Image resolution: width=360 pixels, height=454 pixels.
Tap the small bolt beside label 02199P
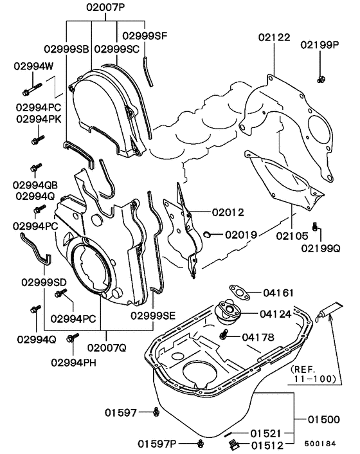click(319, 78)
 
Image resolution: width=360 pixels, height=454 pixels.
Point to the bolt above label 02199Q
click(314, 226)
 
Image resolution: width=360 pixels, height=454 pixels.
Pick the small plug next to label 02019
click(208, 234)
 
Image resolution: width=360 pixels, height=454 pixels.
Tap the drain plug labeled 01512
click(233, 444)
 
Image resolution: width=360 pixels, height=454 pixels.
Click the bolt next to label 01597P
click(201, 443)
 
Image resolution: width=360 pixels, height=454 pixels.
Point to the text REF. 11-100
click(313, 374)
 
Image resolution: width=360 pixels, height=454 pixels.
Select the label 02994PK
click(38, 119)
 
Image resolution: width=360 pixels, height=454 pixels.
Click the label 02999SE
click(152, 315)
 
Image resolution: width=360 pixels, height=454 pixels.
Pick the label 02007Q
click(106, 348)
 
